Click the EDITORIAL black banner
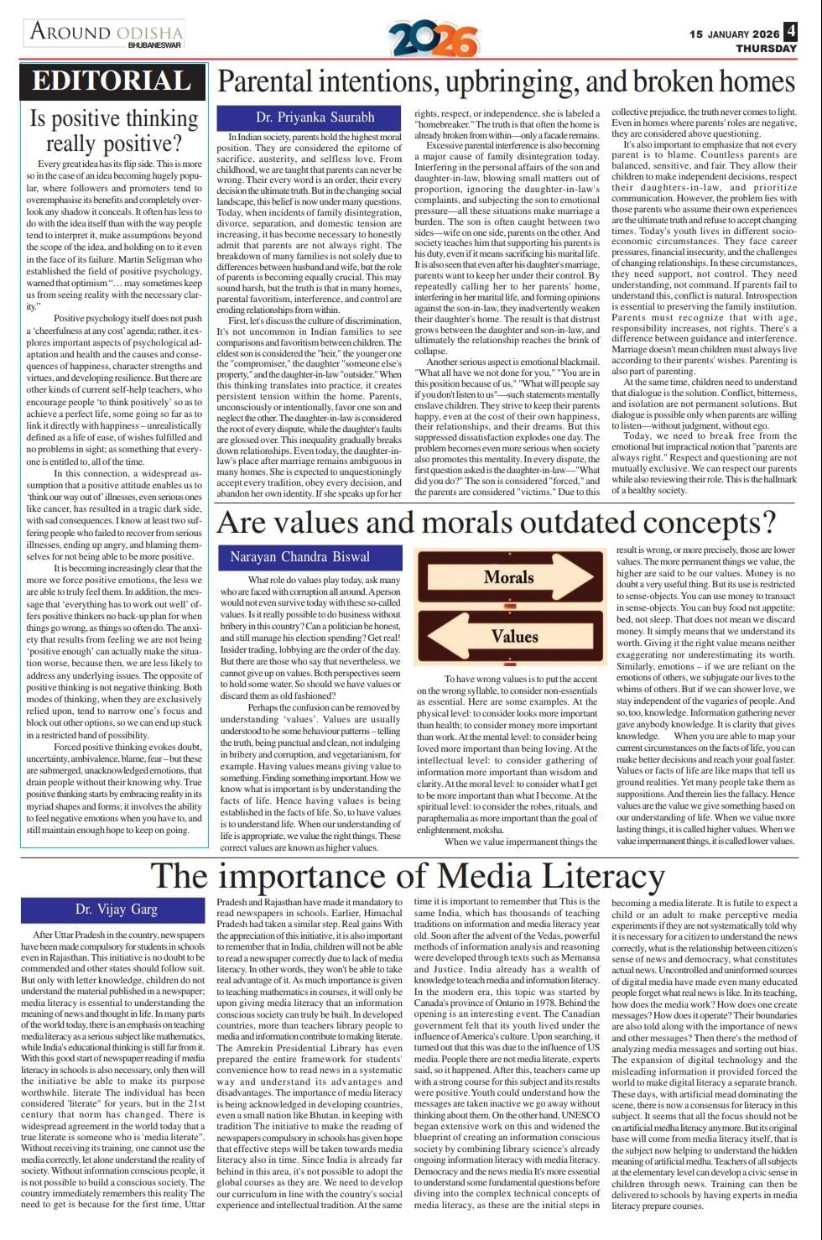112,81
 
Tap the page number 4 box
791,34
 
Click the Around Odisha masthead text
106,33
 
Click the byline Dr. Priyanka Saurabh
315,117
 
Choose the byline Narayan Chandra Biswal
299,556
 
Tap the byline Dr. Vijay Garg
116,909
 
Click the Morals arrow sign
509,577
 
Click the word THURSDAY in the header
766,49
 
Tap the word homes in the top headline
754,81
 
